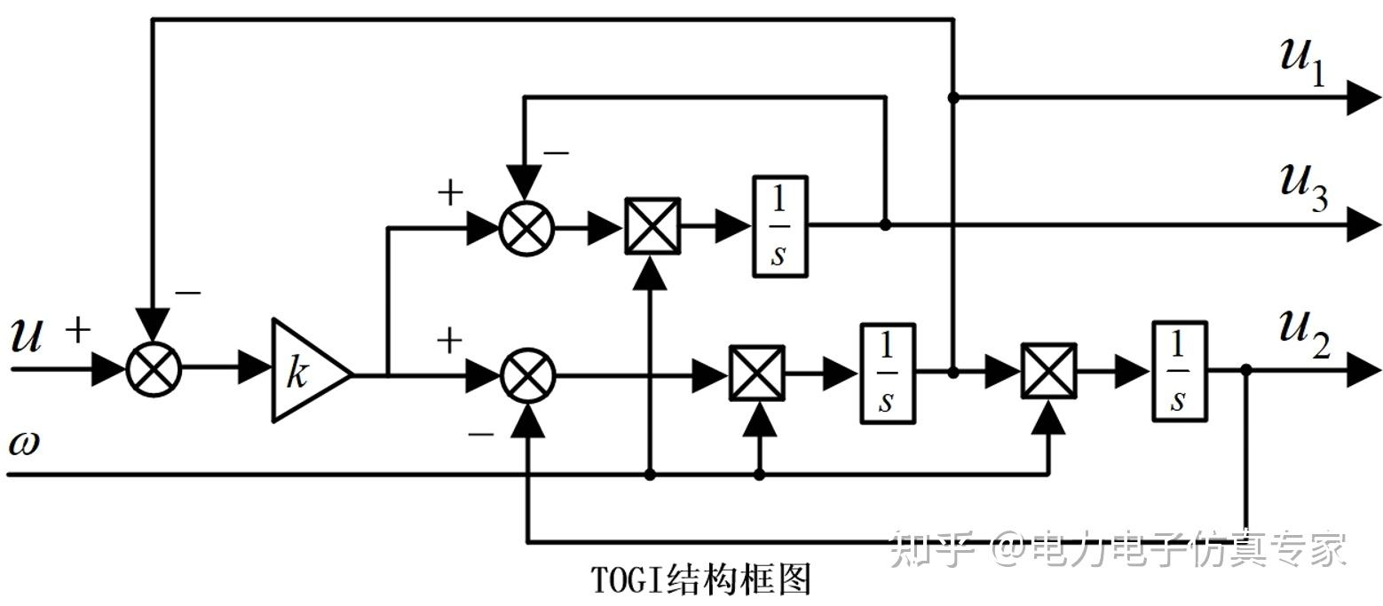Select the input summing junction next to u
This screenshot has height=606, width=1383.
coord(154,370)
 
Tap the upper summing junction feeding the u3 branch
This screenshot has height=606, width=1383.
coord(526,227)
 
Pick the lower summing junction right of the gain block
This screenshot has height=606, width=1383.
coord(528,375)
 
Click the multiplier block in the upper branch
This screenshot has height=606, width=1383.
coord(652,226)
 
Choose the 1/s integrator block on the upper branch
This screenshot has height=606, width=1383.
coord(779,226)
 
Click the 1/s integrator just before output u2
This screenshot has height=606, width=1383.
coord(1179,372)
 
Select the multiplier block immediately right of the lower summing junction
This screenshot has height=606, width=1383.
coord(757,374)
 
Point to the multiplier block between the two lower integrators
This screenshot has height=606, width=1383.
coord(1049,372)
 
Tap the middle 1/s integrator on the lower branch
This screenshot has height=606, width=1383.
coord(888,374)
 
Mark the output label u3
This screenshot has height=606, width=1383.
coord(1304,187)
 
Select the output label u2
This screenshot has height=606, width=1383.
coord(1304,334)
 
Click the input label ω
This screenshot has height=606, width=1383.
coord(25,443)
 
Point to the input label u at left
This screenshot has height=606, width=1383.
coord(28,335)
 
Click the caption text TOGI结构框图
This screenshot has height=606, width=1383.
coord(700,578)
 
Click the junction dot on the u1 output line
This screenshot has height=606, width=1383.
coord(953,98)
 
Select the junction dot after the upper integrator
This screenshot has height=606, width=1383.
coord(885,225)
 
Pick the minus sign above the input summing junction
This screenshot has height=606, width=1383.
coord(187,293)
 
